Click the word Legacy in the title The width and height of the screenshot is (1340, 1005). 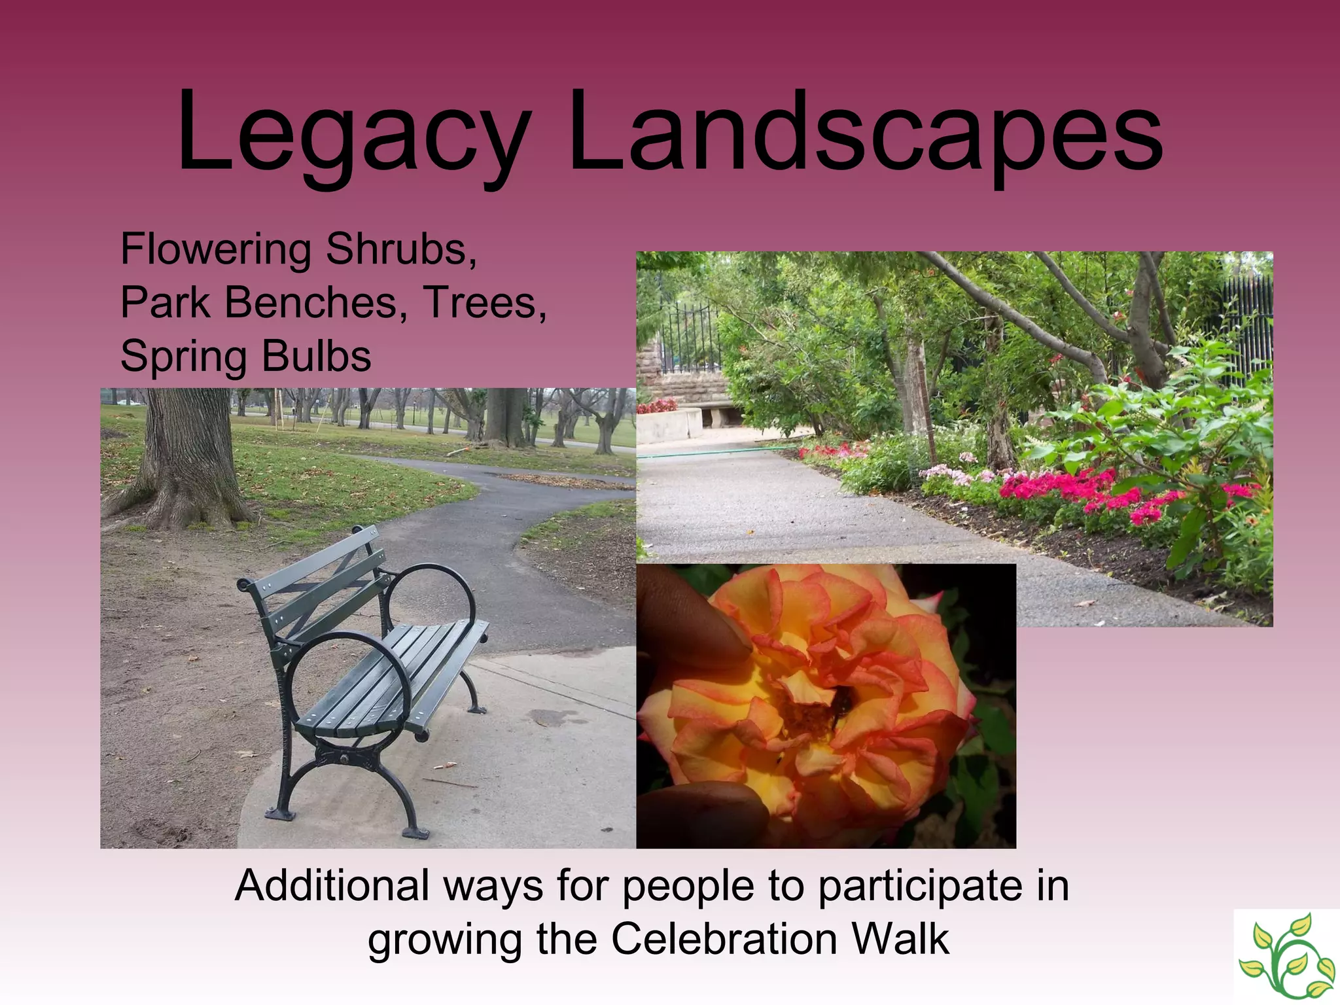point(353,134)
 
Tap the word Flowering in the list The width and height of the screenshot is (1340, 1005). point(216,250)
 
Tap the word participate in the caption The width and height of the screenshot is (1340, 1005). point(919,887)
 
